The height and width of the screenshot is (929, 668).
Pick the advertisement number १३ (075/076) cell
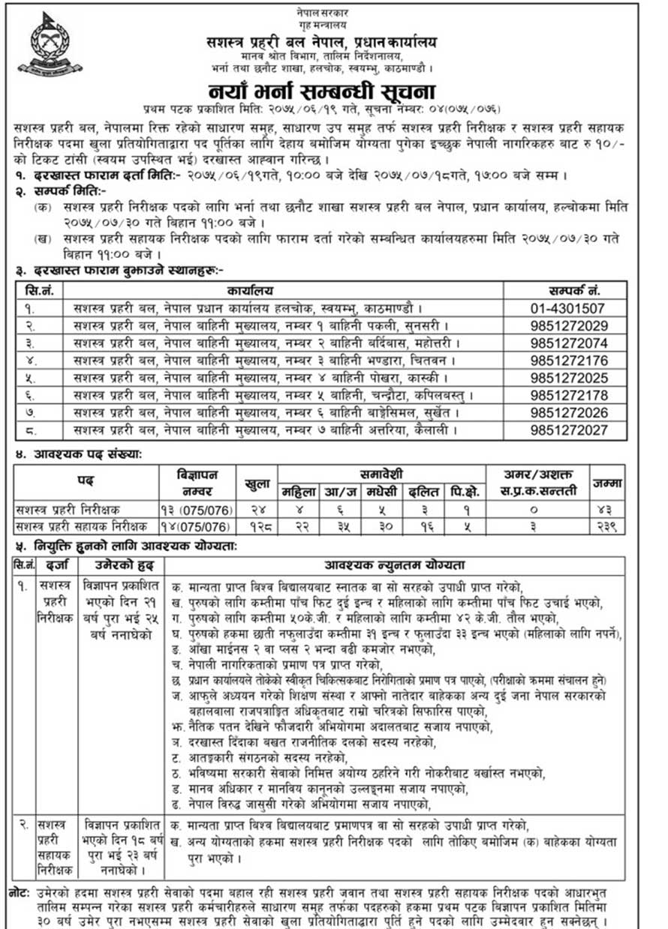[195, 509]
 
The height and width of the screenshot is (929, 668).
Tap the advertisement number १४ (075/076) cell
[195, 526]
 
